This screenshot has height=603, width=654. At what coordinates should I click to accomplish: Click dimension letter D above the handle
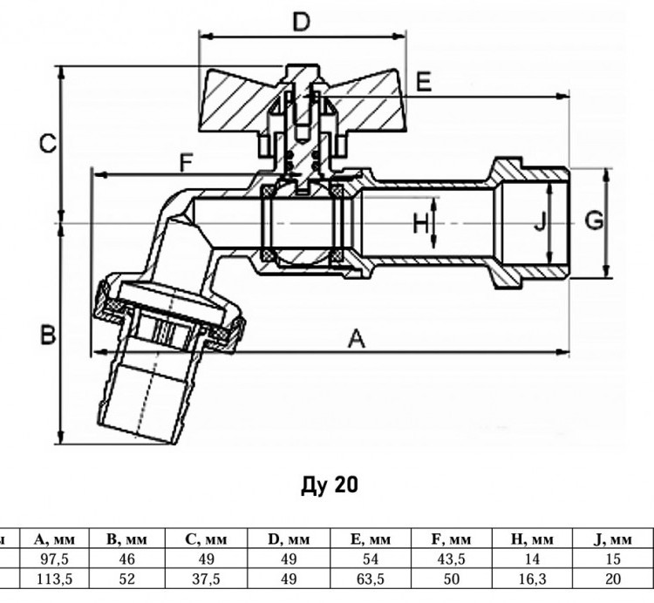coord(301,22)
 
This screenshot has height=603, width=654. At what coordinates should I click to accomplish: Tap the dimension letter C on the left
coord(48,144)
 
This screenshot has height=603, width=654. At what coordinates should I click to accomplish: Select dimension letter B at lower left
coord(48,335)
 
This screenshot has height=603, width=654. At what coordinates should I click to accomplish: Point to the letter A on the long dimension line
coord(357,338)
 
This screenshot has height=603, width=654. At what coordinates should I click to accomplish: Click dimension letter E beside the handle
coord(424,82)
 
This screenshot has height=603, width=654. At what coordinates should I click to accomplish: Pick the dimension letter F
coord(186,163)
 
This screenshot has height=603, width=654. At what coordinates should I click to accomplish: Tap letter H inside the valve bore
coord(420,223)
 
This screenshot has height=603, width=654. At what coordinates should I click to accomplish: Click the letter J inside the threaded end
coord(540,221)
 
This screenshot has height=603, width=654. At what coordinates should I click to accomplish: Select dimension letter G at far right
coord(594,220)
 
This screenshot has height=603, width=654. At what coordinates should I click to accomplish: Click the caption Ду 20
coord(329,484)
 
